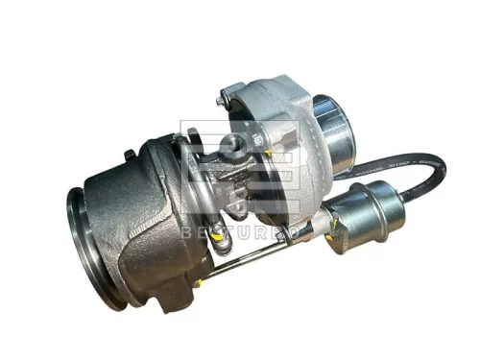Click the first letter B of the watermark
click(187, 233)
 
